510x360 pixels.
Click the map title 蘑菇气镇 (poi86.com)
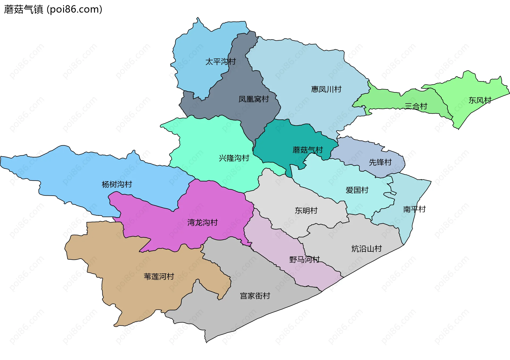53,10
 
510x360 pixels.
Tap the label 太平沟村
220,62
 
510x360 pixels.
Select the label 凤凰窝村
254,99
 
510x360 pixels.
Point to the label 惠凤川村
326,89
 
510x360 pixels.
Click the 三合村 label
416,106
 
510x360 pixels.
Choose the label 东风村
480,100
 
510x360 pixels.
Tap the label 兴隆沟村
234,158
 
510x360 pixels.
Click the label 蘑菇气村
308,150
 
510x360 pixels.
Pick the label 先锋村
380,162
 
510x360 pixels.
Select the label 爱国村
357,190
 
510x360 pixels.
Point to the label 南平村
414,209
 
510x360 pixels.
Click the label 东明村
306,211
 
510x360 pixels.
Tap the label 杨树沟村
117,184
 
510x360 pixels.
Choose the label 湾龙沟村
202,222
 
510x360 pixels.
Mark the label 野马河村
304,259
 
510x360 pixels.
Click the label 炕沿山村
367,249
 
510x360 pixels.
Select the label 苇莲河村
159,277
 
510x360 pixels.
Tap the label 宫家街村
255,296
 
